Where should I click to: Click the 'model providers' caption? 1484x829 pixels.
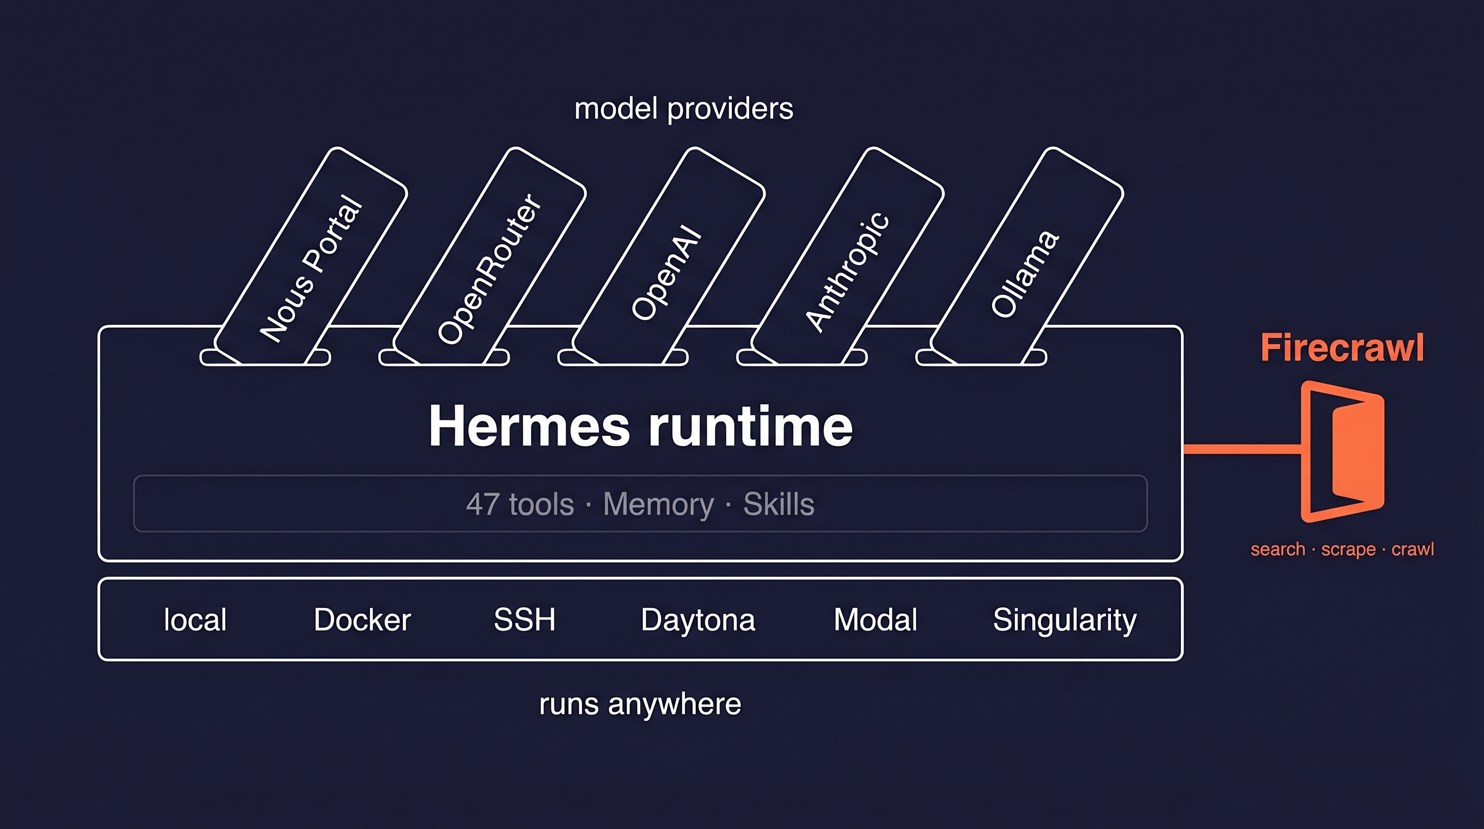[x=684, y=109]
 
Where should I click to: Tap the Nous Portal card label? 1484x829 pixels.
[x=311, y=268]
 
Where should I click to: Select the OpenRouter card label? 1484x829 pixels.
[x=489, y=268]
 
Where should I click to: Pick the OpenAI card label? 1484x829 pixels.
[x=667, y=273]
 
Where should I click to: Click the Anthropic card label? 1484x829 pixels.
[x=847, y=271]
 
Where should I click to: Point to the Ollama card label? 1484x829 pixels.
[x=1025, y=274]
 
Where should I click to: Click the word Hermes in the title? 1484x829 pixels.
[x=529, y=426]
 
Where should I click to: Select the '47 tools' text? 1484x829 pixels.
[x=520, y=504]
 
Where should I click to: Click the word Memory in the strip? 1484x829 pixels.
[x=658, y=504]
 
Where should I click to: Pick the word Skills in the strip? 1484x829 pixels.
[x=778, y=504]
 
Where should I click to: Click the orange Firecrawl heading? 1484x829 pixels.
[x=1342, y=348]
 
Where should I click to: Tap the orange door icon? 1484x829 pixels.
[x=1342, y=451]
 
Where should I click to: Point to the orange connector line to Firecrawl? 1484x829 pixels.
[x=1241, y=449]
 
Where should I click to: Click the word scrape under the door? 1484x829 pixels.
[x=1348, y=549]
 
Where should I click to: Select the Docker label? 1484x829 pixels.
[x=362, y=620]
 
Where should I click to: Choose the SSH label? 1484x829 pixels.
[x=524, y=620]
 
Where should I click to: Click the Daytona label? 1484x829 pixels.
[x=698, y=620]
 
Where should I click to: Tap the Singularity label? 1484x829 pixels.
[x=1064, y=620]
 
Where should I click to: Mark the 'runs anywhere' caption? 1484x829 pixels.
[x=640, y=704]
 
